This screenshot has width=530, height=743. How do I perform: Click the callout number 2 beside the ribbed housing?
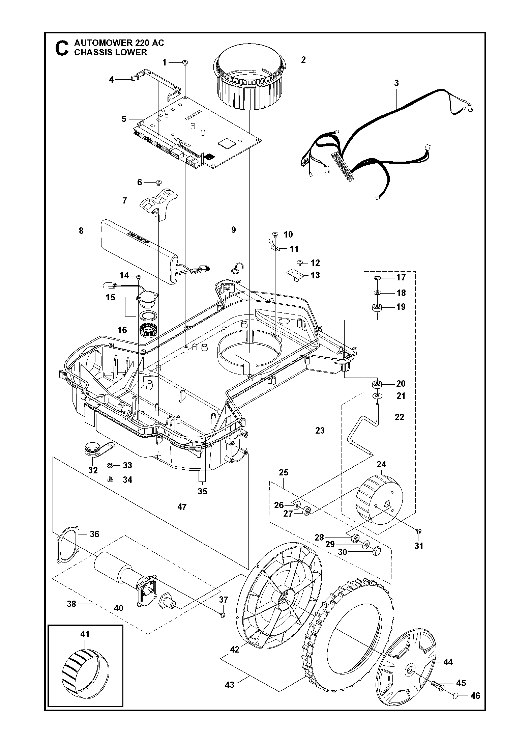(x=303, y=60)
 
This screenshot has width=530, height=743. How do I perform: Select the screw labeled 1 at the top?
(x=185, y=62)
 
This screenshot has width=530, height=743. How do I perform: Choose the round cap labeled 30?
(x=377, y=551)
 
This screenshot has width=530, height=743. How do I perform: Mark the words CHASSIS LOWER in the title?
(x=111, y=52)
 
